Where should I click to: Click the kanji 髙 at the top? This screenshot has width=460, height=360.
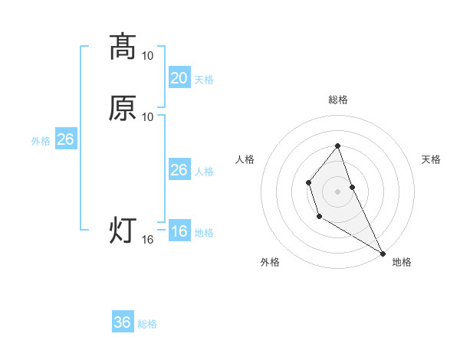click(x=123, y=47)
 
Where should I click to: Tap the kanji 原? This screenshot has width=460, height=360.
click(x=123, y=108)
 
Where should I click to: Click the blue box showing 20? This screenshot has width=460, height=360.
click(x=179, y=77)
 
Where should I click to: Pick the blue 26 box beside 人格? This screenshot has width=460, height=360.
click(x=179, y=170)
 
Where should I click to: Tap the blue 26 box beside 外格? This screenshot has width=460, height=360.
click(x=65, y=139)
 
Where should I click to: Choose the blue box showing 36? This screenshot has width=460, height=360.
click(x=122, y=322)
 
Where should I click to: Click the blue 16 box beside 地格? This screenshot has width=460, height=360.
click(x=179, y=231)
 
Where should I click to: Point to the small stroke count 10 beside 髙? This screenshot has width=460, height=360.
click(x=148, y=55)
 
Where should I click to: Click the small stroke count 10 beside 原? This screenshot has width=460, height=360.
click(x=148, y=116)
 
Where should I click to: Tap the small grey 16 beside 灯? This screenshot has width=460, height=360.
click(x=148, y=240)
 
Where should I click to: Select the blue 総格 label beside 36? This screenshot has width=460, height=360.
click(x=148, y=324)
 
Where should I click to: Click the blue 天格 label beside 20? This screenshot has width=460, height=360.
click(x=204, y=80)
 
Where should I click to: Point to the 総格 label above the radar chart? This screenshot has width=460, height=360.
click(x=337, y=100)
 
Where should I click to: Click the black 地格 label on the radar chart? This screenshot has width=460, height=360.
click(x=402, y=262)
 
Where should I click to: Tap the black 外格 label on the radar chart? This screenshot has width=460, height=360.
click(x=270, y=262)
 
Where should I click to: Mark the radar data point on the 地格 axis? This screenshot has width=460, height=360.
click(x=383, y=253)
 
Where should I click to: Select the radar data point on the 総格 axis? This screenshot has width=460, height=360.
click(x=337, y=146)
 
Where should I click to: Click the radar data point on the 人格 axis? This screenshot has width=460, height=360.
click(x=308, y=182)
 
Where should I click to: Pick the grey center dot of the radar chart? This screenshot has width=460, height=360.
click(x=337, y=191)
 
